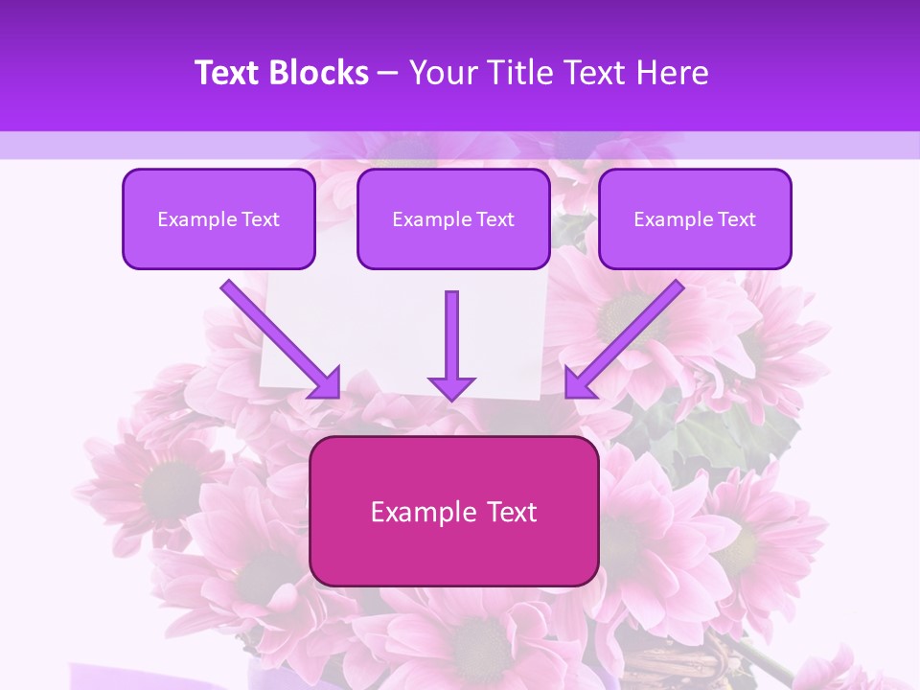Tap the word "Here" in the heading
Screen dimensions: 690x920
click(672, 73)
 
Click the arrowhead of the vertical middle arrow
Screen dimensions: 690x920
click(451, 387)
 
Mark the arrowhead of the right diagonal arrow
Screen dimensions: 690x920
click(578, 383)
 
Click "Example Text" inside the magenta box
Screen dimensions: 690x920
click(454, 512)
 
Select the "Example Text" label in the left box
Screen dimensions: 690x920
click(218, 219)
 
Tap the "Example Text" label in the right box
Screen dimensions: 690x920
click(695, 219)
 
